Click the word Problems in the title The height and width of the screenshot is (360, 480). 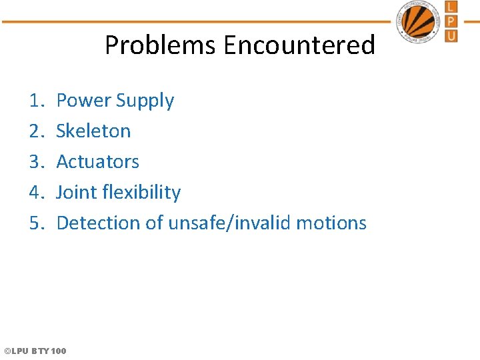pos(161,45)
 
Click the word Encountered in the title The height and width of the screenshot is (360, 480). pos(299,45)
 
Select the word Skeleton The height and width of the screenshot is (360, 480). pos(93,131)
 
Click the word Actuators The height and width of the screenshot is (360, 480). pos(98,162)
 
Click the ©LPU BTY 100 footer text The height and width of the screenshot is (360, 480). pos(35,351)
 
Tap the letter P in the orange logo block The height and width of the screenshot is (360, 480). pos(451,21)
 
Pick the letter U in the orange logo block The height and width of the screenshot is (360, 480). pos(451,35)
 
